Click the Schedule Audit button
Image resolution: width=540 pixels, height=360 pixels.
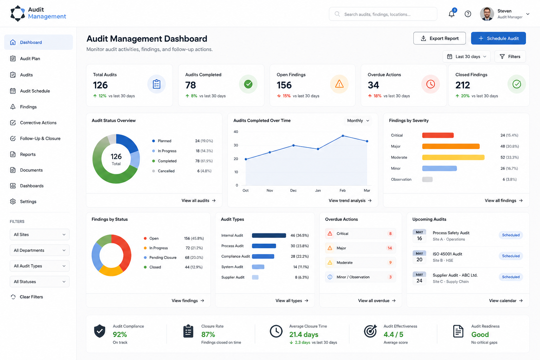coord(498,38)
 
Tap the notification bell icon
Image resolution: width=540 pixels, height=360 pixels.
coord(451,14)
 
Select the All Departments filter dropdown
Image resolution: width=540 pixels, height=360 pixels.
coord(39,250)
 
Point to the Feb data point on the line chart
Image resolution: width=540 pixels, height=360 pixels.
coord(342,136)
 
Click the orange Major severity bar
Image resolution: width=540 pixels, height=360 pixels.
coord(451,146)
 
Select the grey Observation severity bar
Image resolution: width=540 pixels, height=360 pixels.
coord(427,179)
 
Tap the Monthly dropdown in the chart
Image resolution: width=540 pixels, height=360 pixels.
coord(358,121)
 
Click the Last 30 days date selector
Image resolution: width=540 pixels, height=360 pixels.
coord(467,56)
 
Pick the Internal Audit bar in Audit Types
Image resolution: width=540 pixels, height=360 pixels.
coord(269,235)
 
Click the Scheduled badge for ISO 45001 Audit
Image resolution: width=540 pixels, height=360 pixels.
coord(510,256)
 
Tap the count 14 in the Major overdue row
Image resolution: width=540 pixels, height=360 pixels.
coord(390,248)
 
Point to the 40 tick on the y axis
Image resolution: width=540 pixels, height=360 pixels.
coord(236,131)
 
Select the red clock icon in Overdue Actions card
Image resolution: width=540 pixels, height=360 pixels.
coord(430,84)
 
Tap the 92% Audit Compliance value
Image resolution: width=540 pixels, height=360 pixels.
coord(120,334)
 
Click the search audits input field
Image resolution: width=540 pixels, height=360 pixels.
coord(383,14)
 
